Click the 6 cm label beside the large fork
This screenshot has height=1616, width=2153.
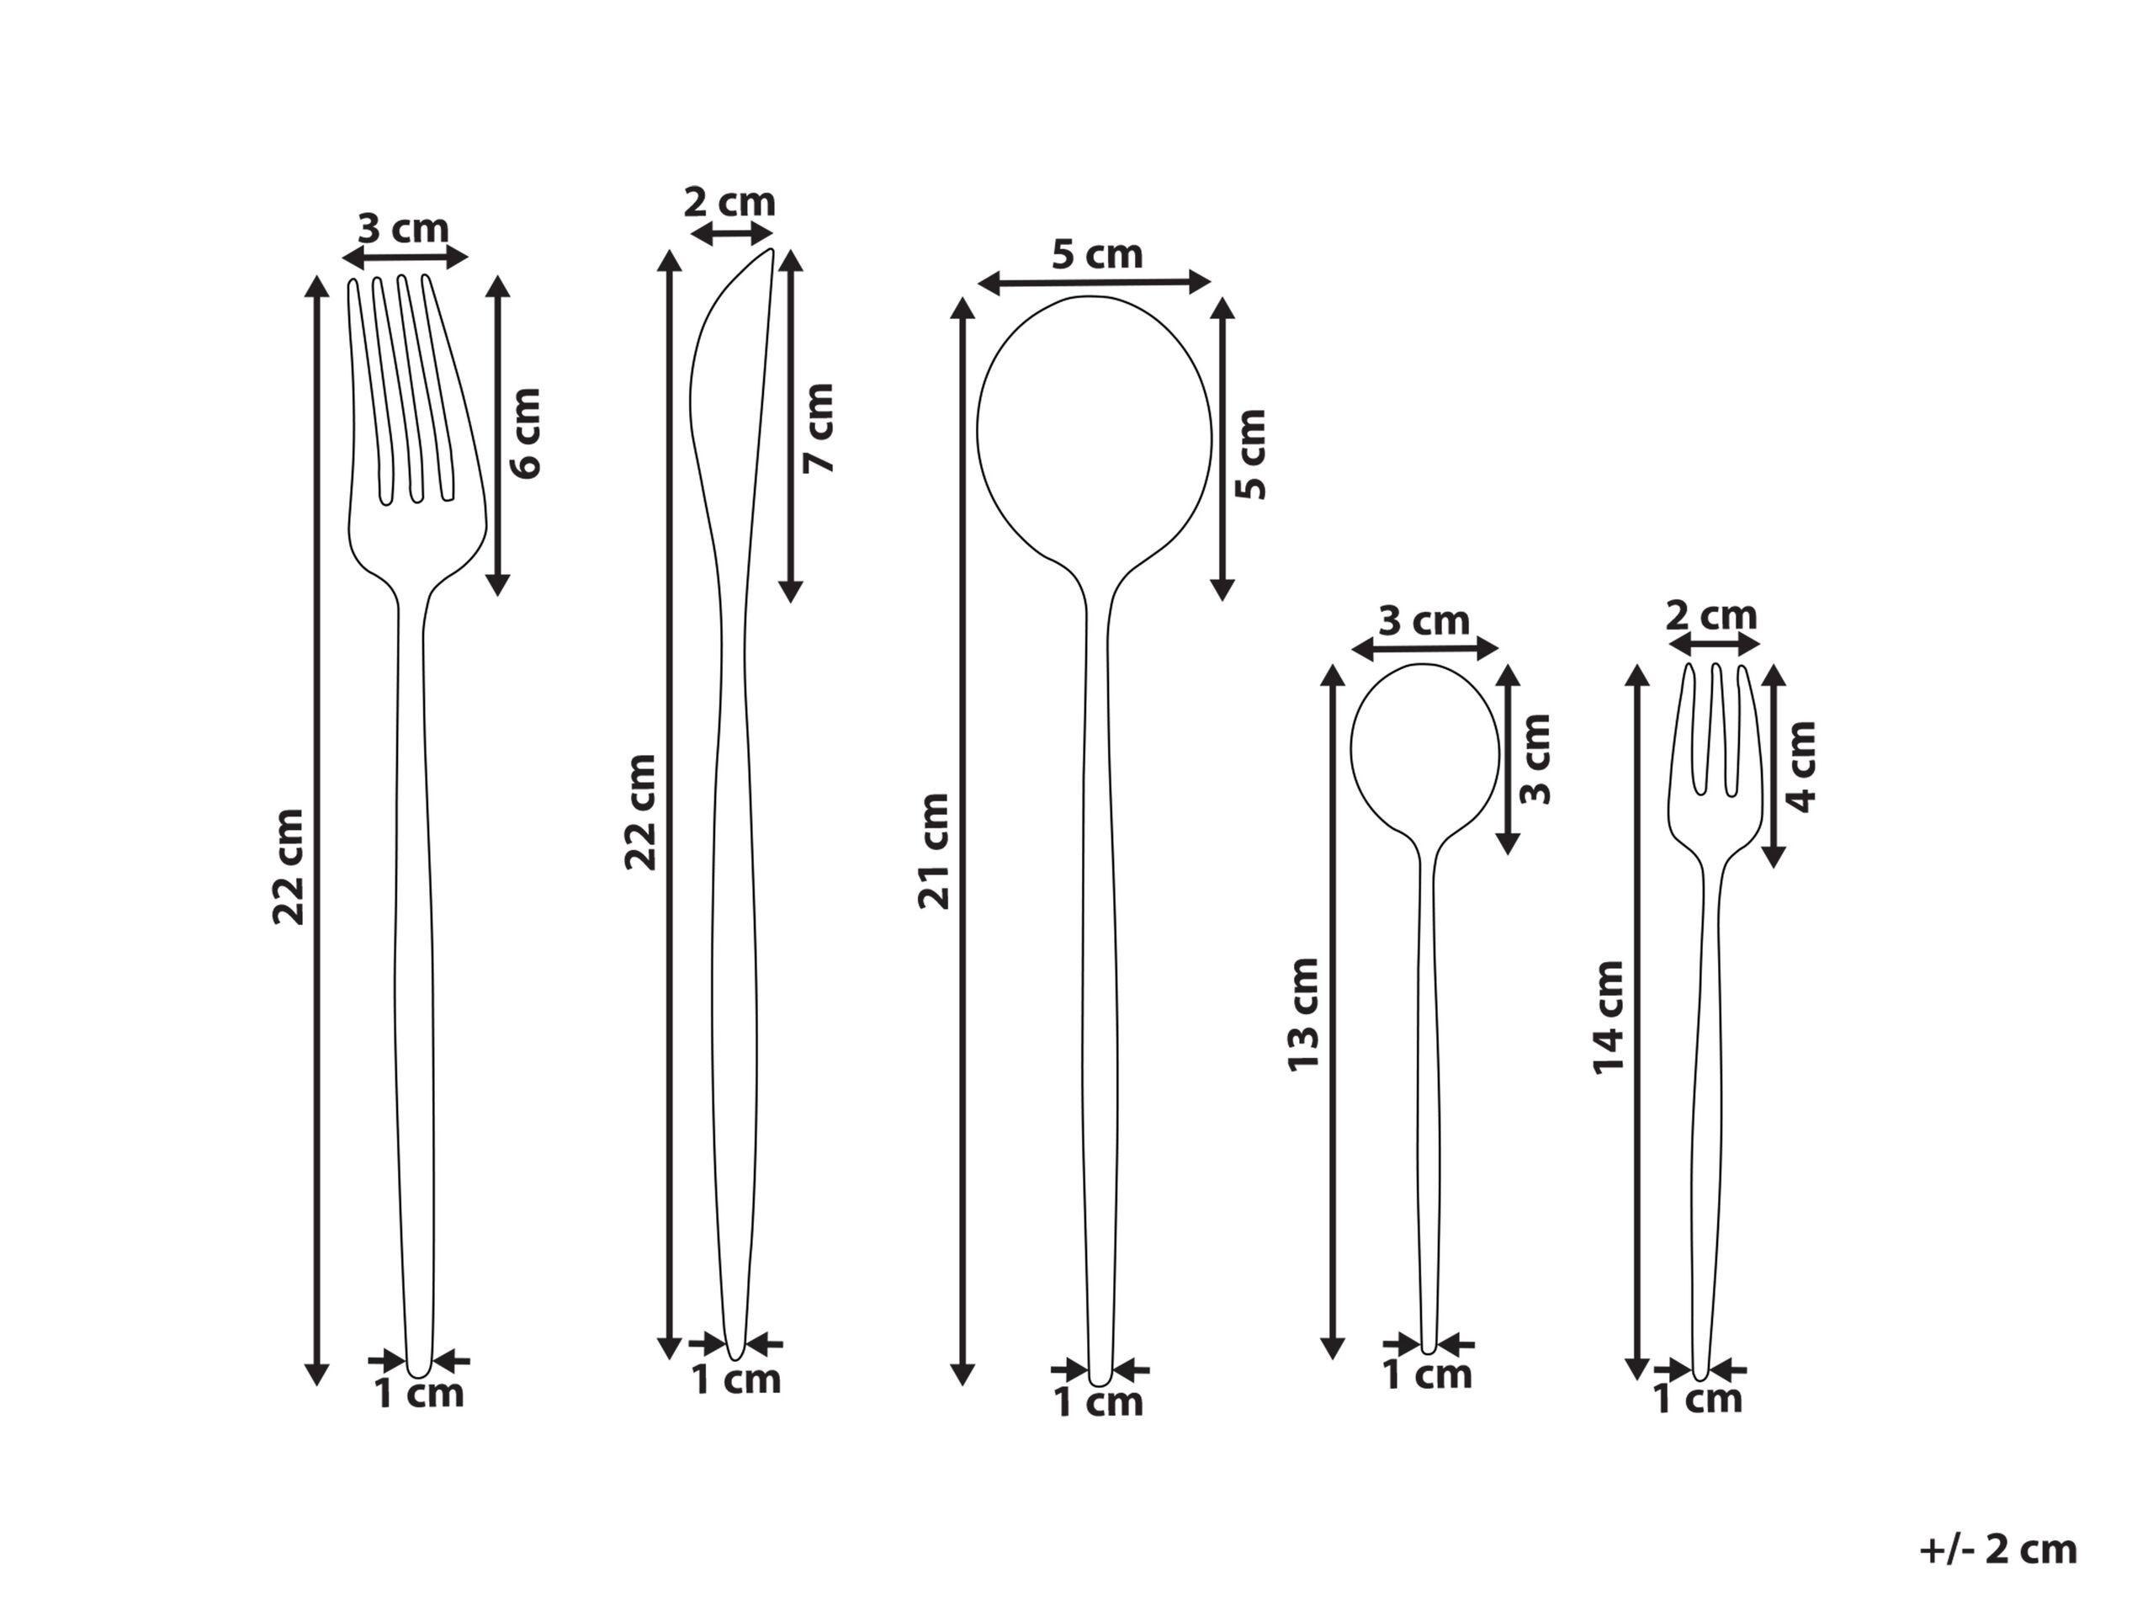[526, 433]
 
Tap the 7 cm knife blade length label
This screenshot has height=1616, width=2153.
[819, 428]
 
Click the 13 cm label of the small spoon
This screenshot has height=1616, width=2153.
[1303, 1015]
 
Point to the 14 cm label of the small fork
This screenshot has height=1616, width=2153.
[1609, 1018]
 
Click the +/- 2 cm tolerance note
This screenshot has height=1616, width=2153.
[1998, 1550]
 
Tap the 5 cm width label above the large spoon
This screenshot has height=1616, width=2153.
[1097, 255]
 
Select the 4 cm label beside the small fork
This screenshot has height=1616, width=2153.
[1803, 767]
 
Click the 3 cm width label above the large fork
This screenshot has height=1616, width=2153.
[403, 229]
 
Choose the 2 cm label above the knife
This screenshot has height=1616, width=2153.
[729, 204]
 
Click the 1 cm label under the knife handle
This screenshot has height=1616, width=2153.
[736, 1379]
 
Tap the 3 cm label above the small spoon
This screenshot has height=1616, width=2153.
[1424, 621]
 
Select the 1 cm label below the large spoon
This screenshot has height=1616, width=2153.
[1099, 1403]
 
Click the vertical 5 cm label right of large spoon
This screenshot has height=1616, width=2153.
[1252, 454]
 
